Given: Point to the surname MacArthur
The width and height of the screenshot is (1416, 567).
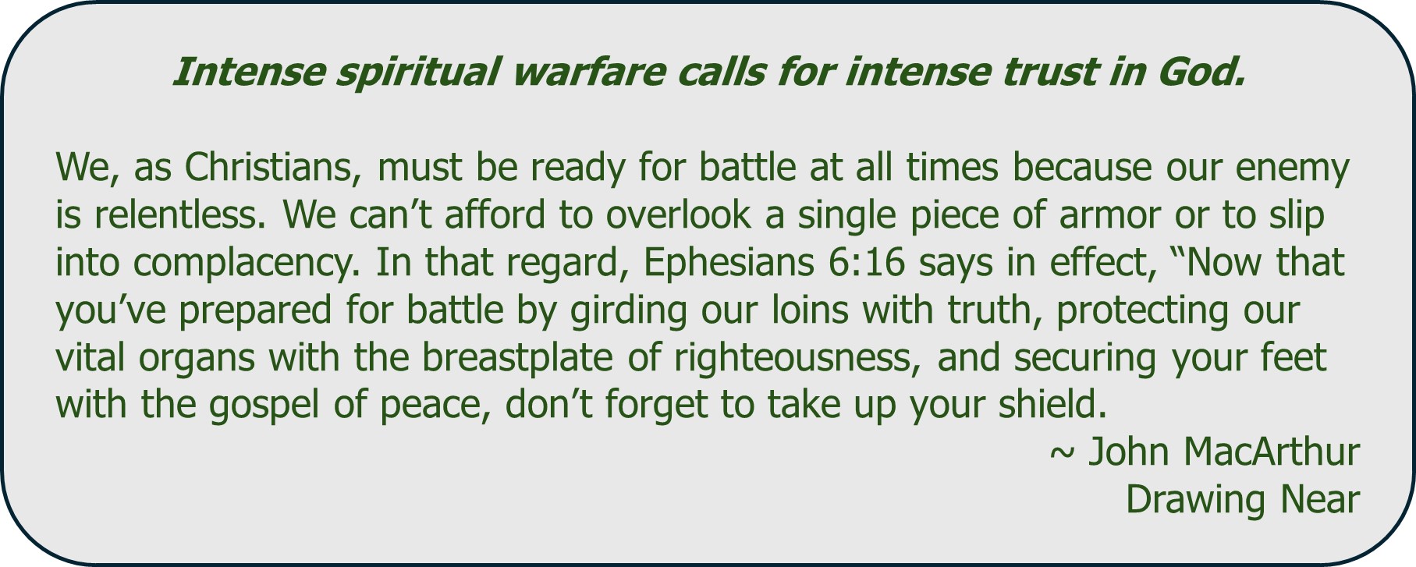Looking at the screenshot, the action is pos(1271,452).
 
